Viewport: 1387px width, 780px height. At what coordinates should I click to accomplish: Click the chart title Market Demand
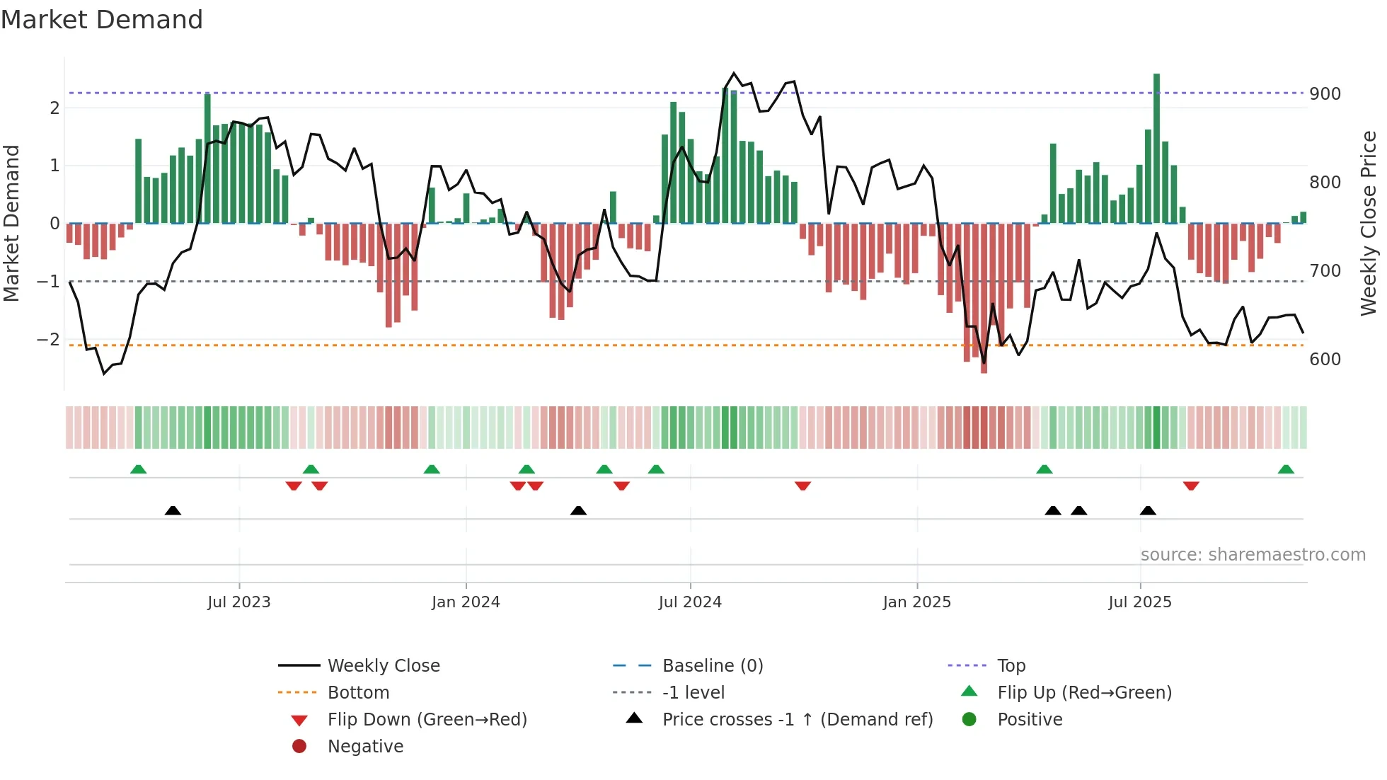[x=102, y=20]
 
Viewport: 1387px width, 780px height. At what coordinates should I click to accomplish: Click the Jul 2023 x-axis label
[x=239, y=602]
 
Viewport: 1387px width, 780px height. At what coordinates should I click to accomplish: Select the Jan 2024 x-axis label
[x=466, y=602]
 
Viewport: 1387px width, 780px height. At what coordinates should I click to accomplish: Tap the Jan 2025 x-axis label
[x=916, y=602]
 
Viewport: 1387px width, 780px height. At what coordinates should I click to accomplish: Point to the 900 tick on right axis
[x=1325, y=94]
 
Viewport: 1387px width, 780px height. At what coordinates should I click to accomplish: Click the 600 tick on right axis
[x=1325, y=360]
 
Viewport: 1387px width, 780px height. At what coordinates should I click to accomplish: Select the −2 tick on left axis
[x=48, y=340]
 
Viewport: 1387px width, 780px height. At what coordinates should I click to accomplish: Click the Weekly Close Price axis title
[x=1369, y=223]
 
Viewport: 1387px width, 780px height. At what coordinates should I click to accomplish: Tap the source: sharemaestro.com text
[x=1253, y=555]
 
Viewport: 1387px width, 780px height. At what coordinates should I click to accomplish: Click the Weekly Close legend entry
[x=384, y=666]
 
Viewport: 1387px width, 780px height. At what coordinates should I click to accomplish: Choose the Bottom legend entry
[x=358, y=693]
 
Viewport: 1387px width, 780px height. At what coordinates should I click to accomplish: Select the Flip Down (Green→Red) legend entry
[x=427, y=720]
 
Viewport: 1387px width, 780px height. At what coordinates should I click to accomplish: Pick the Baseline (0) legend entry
[x=712, y=666]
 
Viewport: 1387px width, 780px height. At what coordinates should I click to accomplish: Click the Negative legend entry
[x=365, y=747]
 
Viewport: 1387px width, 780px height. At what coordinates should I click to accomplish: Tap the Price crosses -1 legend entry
[x=797, y=720]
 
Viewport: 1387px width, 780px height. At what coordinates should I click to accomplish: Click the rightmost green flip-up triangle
[x=1286, y=469]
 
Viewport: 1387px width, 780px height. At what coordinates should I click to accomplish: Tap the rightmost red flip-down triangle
[x=1191, y=486]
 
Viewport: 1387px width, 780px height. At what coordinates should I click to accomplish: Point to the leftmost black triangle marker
[x=173, y=510]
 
